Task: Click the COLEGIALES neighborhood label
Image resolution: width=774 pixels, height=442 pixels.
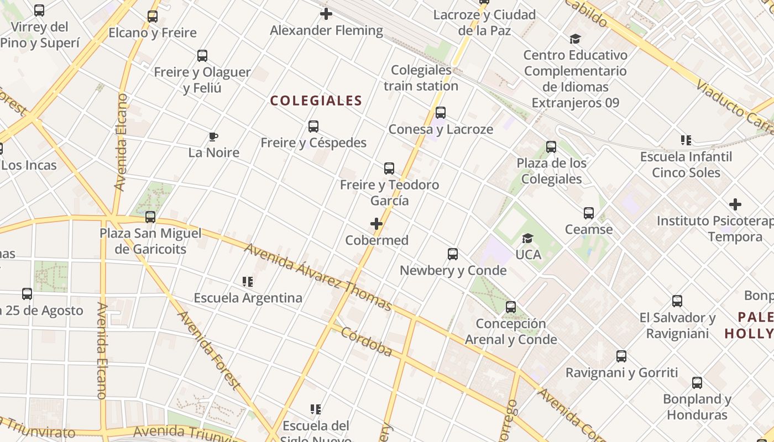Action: pyautogui.click(x=316, y=101)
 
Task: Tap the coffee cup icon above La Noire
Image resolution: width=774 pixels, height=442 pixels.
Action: pyautogui.click(x=213, y=136)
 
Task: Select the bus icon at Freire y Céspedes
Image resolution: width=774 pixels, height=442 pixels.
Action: pyautogui.click(x=313, y=127)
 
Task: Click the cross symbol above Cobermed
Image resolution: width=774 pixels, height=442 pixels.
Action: pyautogui.click(x=376, y=224)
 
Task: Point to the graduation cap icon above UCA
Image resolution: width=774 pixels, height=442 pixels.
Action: pyautogui.click(x=528, y=238)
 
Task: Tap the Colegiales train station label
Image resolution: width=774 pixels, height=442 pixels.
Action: pyautogui.click(x=421, y=78)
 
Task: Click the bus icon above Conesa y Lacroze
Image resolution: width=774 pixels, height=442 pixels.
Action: pyautogui.click(x=441, y=113)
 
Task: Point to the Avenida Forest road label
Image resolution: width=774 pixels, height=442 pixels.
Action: pyautogui.click(x=210, y=351)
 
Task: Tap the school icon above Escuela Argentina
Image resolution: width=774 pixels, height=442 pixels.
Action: pyautogui.click(x=248, y=282)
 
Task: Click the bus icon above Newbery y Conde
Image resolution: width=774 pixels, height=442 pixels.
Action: pyautogui.click(x=453, y=254)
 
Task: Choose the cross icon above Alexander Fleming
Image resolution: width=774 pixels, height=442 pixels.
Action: pyautogui.click(x=326, y=14)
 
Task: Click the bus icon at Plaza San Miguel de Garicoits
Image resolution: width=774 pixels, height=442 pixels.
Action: pyautogui.click(x=150, y=217)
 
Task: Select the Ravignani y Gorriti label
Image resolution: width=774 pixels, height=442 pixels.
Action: pyautogui.click(x=621, y=372)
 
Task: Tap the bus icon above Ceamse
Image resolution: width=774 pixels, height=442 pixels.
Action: pyautogui.click(x=589, y=213)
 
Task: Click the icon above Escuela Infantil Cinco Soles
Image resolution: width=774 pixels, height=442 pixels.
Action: pyautogui.click(x=686, y=140)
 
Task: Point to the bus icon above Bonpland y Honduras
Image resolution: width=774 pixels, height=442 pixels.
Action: pyautogui.click(x=697, y=383)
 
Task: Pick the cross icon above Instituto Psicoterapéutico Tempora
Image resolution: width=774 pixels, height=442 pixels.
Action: pyautogui.click(x=735, y=204)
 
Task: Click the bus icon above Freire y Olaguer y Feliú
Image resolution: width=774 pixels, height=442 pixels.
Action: pyautogui.click(x=202, y=56)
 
